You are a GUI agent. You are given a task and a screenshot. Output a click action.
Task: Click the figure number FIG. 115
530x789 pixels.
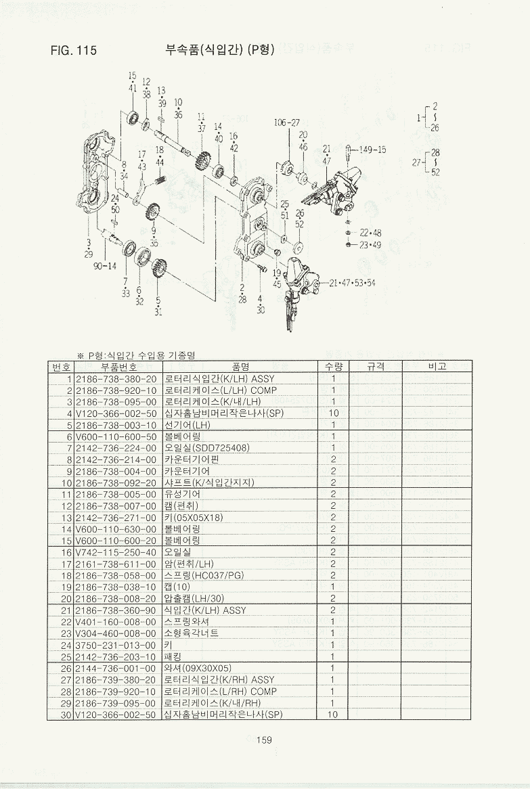pos(74,50)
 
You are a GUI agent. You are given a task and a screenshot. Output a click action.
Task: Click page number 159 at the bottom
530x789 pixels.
pos(264,739)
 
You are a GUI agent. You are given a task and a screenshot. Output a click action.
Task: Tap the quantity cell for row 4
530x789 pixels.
pos(333,413)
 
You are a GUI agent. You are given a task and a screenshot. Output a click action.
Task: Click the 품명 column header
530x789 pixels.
pos(241,367)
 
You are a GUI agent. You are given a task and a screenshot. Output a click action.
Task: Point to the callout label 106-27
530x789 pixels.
pos(287,122)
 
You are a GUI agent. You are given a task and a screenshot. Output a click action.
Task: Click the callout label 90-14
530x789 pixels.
pos(105,266)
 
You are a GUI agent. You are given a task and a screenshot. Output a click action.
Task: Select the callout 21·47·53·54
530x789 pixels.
pos(352,283)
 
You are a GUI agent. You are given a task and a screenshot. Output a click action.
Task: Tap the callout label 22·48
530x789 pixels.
pos(370,233)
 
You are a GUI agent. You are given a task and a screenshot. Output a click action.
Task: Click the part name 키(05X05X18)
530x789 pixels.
pos(194,518)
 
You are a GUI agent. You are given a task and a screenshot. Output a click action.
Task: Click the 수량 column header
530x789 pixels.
pos(333,367)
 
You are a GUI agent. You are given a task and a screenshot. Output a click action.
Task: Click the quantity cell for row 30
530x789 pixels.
pos(333,715)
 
